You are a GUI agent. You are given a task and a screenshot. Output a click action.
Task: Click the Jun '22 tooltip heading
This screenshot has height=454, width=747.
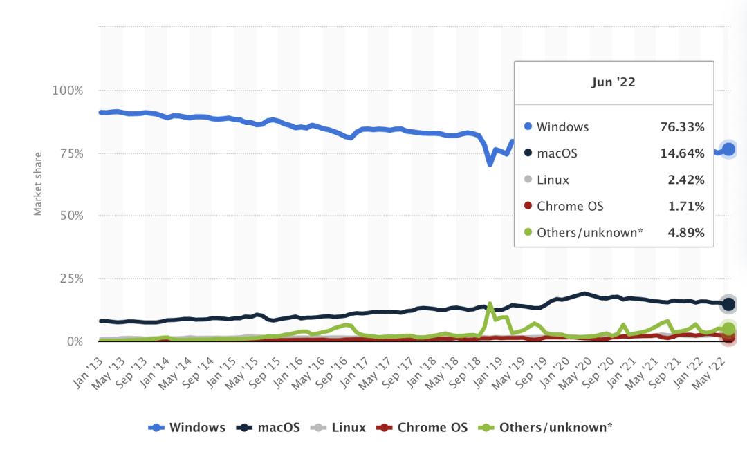tap(614, 82)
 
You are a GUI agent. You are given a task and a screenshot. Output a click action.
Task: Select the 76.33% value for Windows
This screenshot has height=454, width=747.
tap(682, 127)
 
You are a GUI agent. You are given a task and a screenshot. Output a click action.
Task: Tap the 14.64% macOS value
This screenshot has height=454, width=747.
tap(682, 153)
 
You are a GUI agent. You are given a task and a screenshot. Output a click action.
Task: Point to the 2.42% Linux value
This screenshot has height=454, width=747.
tap(685, 180)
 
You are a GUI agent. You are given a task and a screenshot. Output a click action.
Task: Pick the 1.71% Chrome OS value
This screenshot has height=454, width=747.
tap(685, 206)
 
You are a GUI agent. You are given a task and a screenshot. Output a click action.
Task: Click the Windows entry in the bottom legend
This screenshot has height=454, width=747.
tap(187, 428)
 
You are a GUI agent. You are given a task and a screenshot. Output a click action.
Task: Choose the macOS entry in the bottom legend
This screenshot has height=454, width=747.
tap(270, 428)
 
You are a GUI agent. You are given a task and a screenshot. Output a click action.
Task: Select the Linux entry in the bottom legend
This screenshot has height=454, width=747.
tap(339, 428)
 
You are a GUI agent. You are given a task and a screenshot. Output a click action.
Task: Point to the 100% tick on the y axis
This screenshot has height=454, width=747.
tap(68, 91)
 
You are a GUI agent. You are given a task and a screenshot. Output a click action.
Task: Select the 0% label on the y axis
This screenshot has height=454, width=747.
tap(74, 342)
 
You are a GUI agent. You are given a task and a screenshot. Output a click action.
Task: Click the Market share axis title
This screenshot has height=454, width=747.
tap(39, 184)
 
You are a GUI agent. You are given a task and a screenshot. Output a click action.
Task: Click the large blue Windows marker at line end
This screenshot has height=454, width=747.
tap(728, 149)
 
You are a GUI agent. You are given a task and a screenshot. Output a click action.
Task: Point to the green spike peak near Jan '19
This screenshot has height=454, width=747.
tap(490, 303)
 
